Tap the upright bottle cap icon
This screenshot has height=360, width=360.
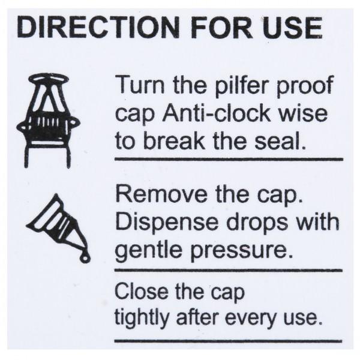pyautogui.click(x=49, y=120)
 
